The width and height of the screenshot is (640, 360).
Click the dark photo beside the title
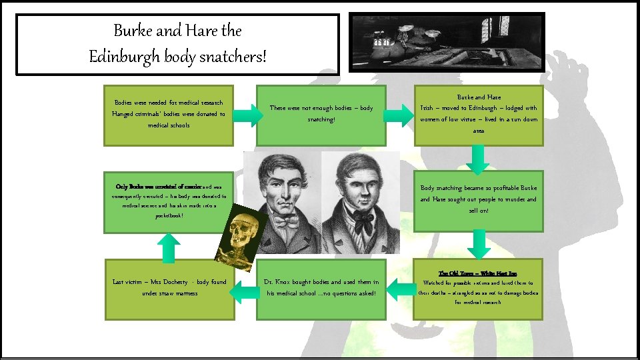[x=447, y=42]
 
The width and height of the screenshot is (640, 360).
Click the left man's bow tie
[x=282, y=221]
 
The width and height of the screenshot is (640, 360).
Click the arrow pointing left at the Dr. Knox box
[x=401, y=289]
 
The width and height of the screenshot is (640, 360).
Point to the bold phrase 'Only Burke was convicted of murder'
[x=154, y=187]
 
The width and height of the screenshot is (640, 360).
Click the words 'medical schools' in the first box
[x=169, y=125]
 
